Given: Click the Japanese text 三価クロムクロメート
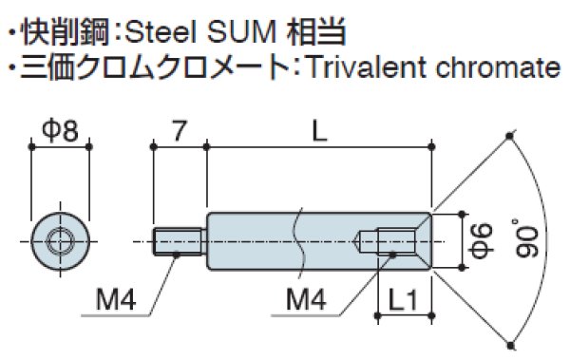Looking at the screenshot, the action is point(151,68).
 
